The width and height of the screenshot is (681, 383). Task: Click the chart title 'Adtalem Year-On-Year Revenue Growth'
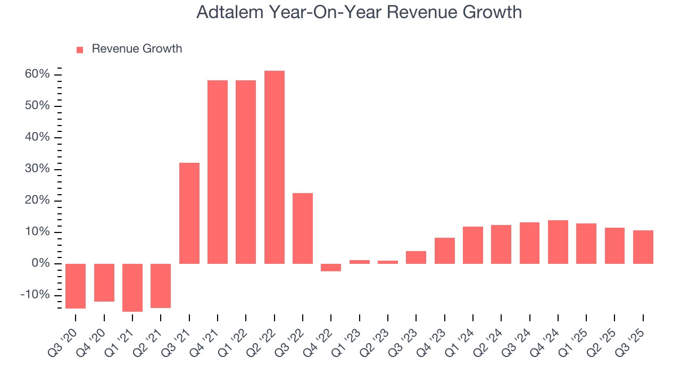click(359, 13)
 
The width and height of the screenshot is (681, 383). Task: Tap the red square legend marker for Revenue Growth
click(80, 49)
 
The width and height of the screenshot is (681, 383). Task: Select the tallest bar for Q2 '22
click(275, 167)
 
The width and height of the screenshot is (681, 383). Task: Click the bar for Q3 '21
click(189, 213)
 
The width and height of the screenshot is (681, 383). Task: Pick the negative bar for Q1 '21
click(132, 287)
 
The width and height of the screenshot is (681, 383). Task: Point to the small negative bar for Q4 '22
click(331, 268)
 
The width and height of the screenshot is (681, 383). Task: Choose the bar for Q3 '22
click(303, 228)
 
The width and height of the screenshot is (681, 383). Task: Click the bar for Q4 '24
click(558, 242)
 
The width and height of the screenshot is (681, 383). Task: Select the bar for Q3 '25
click(643, 247)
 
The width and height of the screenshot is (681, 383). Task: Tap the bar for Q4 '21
click(218, 172)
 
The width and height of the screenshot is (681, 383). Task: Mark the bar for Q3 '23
click(416, 257)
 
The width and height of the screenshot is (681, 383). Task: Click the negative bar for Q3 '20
click(76, 286)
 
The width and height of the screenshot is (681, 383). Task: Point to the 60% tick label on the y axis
click(37, 74)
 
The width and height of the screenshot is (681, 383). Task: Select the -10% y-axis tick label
click(35, 295)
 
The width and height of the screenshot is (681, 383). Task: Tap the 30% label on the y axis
click(37, 169)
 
